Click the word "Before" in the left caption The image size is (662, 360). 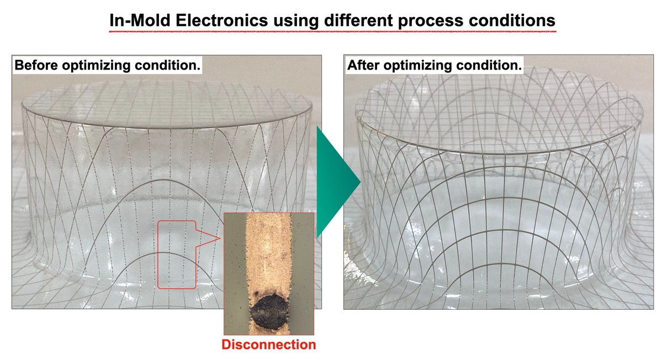pyautogui.click(x=36, y=65)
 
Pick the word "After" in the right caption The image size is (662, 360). pyautogui.click(x=363, y=65)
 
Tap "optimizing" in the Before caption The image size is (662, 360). pyautogui.click(x=96, y=66)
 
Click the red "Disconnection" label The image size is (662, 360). pyautogui.click(x=268, y=345)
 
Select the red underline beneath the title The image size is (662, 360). pyautogui.click(x=333, y=31)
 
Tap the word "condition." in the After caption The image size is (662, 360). pyautogui.click(x=489, y=65)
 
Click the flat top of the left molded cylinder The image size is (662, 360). pyautogui.click(x=167, y=103)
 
